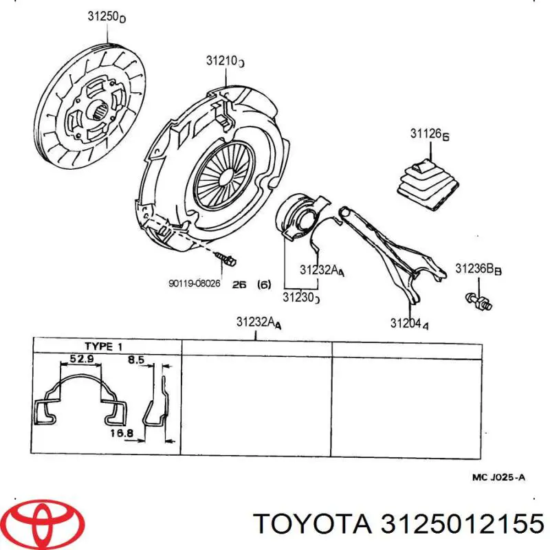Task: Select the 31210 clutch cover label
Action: [225, 60]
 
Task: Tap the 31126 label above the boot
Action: [429, 134]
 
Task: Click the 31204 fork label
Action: [410, 323]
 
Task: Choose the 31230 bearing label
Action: [301, 297]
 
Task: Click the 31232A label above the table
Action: [258, 322]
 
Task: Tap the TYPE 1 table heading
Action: [105, 346]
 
